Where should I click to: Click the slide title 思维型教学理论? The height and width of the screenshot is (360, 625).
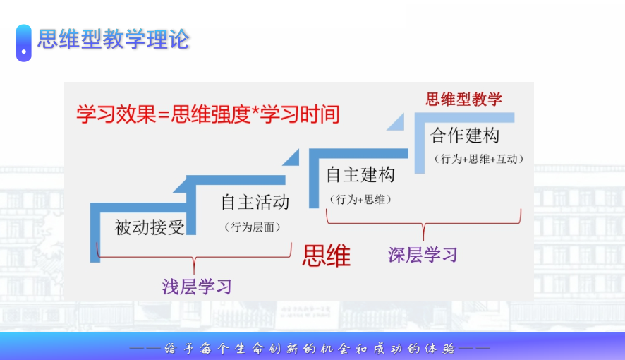pos(113,39)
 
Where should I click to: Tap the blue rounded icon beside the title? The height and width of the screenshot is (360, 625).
pos(23,43)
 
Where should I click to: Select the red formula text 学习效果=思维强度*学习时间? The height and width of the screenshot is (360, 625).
pos(208,114)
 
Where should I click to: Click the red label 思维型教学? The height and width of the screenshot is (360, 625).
pos(463,99)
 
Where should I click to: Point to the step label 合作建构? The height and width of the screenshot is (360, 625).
pos(464,135)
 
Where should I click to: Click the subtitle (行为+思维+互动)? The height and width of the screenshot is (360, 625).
pos(478,159)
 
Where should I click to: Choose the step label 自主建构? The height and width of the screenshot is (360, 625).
pos(360,174)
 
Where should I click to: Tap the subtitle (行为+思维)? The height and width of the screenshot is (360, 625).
pos(360,199)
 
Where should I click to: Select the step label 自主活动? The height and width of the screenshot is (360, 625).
pos(255,202)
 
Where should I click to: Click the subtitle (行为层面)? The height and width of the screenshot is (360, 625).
pos(253,227)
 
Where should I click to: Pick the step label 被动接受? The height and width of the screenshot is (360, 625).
pos(150,227)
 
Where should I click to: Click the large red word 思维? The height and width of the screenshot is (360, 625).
pos(327,256)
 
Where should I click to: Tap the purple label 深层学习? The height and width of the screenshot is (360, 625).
pos(423,255)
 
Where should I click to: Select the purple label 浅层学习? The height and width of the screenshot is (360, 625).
pos(197,287)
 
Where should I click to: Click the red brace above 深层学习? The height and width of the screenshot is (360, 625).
pos(424,223)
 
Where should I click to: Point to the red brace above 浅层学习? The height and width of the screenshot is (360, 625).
pos(194,257)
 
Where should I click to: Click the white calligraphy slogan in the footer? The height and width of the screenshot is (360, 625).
pos(310,349)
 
